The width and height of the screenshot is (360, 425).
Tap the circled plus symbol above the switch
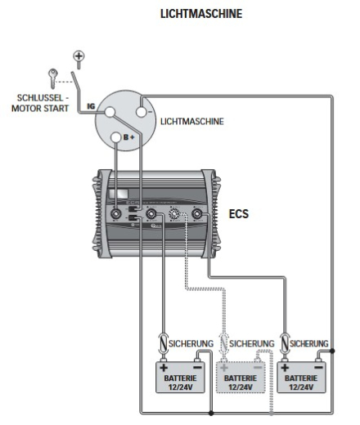pyautogui.click(x=79, y=56)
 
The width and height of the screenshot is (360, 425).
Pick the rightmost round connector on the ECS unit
pyautogui.click(x=197, y=216)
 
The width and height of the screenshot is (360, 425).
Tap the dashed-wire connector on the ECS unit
pyautogui.click(x=175, y=216)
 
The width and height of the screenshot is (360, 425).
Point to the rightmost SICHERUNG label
pyautogui.click(x=310, y=342)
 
